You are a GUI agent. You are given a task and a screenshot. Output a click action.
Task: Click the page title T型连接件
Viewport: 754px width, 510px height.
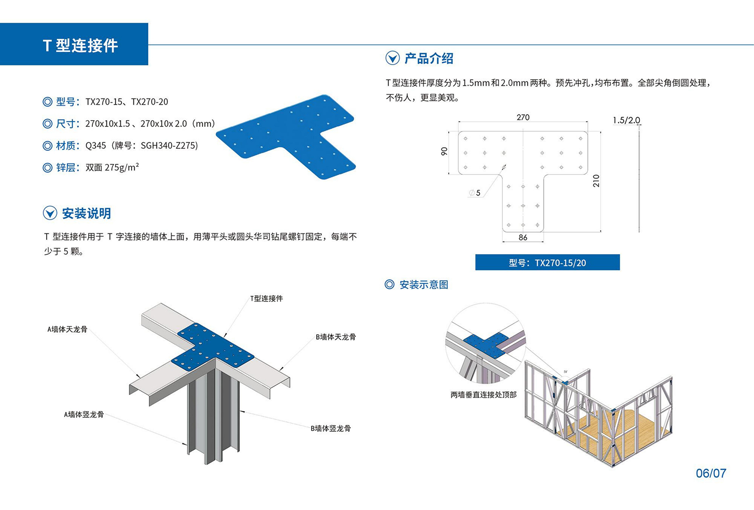(80, 45)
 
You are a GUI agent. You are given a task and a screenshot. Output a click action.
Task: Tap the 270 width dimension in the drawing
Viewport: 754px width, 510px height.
(523, 117)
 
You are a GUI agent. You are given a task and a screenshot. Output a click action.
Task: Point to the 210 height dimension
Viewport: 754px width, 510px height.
(596, 181)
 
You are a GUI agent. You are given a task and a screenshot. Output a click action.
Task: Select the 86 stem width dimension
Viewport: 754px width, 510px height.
(523, 238)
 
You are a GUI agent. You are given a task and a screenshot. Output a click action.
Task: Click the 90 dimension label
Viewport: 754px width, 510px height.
(444, 151)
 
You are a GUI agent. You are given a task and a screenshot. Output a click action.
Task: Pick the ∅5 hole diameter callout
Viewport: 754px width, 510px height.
(475, 193)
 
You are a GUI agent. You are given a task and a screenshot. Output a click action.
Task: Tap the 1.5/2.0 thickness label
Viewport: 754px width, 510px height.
(626, 120)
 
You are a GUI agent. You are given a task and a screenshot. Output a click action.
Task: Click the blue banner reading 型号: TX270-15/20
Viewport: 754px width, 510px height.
(547, 263)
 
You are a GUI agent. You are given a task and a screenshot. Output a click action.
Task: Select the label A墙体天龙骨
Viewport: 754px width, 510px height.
(67, 329)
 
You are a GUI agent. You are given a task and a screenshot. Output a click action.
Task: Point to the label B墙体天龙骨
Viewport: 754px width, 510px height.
(336, 337)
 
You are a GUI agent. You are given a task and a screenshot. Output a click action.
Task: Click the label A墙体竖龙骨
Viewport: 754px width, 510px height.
(84, 415)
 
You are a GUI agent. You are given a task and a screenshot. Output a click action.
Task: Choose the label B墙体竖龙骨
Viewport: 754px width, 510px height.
(330, 428)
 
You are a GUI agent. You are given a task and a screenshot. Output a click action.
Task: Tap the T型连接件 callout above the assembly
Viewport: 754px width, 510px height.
(266, 298)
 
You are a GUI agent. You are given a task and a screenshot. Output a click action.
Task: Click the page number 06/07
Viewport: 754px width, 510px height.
(711, 473)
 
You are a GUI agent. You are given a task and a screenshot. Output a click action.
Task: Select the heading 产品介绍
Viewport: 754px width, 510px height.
(428, 58)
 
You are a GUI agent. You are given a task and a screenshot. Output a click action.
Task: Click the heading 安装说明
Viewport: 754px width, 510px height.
(86, 214)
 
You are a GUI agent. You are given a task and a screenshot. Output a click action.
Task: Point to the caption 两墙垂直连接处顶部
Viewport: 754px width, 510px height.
(484, 395)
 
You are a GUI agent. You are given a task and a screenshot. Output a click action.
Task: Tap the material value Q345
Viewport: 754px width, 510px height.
(96, 146)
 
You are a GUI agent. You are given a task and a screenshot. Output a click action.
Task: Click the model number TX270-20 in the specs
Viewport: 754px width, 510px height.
(149, 102)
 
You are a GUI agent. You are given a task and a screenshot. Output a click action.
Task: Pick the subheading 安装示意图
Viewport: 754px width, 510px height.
(424, 285)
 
